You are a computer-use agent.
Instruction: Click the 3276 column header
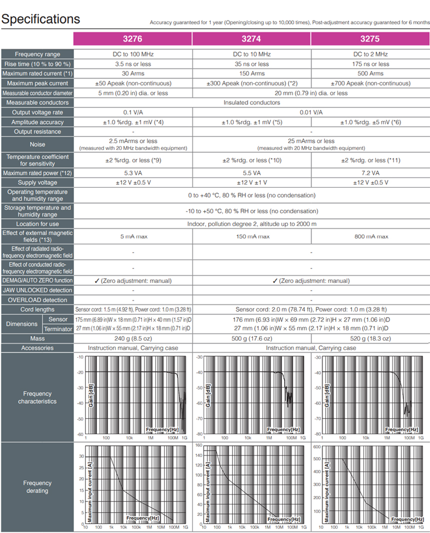pyautogui.click(x=132, y=39)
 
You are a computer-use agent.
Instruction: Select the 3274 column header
pyautogui.click(x=251, y=39)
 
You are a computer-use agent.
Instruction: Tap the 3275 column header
pyautogui.click(x=370, y=39)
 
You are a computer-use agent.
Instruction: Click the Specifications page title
pyautogui.click(x=41, y=19)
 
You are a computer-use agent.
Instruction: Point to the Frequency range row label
pyautogui.click(x=37, y=54)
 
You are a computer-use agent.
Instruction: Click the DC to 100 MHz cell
pyautogui.click(x=132, y=54)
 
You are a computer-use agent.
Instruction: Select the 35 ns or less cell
pyautogui.click(x=251, y=64)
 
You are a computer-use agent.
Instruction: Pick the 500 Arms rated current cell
pyautogui.click(x=370, y=73)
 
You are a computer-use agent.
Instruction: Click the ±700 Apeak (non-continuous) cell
pyautogui.click(x=370, y=83)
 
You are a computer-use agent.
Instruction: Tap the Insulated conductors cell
pyautogui.click(x=251, y=102)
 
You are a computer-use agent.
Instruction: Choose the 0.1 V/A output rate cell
pyautogui.click(x=132, y=112)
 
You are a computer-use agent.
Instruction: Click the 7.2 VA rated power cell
pyautogui.click(x=370, y=173)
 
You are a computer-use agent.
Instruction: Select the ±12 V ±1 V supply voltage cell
pyautogui.click(x=251, y=183)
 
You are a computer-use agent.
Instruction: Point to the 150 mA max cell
pyautogui.click(x=251, y=236)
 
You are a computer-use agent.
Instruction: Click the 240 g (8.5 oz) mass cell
pyautogui.click(x=132, y=338)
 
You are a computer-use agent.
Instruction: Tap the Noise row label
pyautogui.click(x=37, y=144)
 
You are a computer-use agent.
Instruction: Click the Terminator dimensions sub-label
pyautogui.click(x=58, y=328)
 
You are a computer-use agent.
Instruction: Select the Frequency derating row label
pyautogui.click(x=37, y=486)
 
